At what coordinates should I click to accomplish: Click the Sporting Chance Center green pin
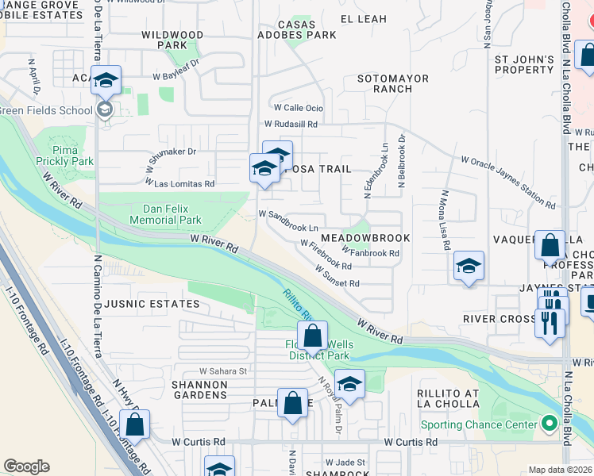coord(548,424)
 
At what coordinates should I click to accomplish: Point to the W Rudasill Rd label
coord(291,124)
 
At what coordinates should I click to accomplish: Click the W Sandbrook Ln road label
coord(288,215)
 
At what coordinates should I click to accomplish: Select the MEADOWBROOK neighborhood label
coord(365,238)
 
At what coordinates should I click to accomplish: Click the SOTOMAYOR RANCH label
coord(392,84)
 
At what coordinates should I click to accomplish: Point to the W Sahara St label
coord(223,370)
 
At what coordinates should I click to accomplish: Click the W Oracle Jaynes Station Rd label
coord(509,182)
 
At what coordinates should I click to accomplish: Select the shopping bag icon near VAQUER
coord(550,247)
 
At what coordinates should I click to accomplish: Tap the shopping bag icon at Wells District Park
coord(313,336)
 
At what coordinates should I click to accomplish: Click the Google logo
coord(26,466)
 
